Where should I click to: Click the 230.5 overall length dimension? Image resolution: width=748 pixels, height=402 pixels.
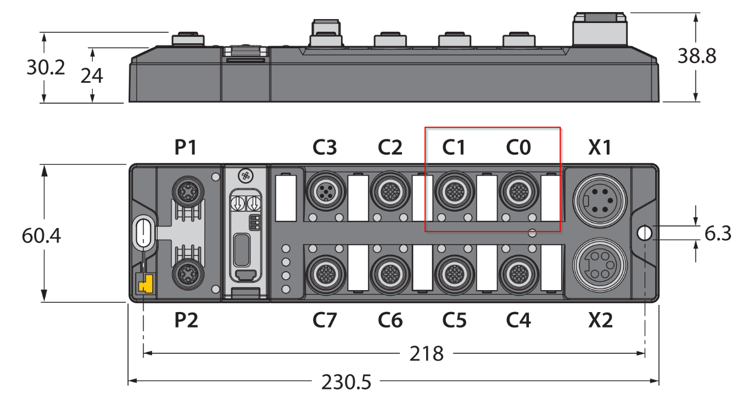tap(346, 382)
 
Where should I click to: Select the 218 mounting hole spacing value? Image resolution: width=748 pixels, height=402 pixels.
tap(426, 354)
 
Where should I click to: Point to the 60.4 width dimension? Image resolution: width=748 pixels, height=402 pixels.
tap(41, 236)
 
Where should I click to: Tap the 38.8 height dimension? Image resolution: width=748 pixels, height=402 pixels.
tap(697, 56)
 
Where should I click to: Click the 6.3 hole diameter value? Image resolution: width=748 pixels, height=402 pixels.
tap(718, 233)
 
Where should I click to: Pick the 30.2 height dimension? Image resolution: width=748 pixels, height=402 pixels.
tap(46, 67)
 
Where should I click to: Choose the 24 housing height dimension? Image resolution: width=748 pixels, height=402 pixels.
tap(92, 76)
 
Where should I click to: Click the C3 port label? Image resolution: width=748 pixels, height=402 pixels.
tap(325, 147)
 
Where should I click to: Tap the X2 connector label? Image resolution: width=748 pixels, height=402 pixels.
tap(600, 320)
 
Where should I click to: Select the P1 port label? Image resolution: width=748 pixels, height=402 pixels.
tap(186, 147)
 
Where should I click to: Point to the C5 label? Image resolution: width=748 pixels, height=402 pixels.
tap(454, 320)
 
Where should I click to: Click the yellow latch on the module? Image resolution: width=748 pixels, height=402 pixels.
tap(146, 284)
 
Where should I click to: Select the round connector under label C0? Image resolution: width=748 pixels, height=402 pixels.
tap(519, 191)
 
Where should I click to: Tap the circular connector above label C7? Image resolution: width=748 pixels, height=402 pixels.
tap(326, 274)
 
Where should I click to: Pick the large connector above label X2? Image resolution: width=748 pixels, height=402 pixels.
tap(600, 265)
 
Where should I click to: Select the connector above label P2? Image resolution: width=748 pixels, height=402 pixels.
tap(188, 274)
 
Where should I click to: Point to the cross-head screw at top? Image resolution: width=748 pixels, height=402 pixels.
tap(246, 175)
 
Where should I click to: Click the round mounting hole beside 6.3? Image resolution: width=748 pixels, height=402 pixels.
tap(644, 233)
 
